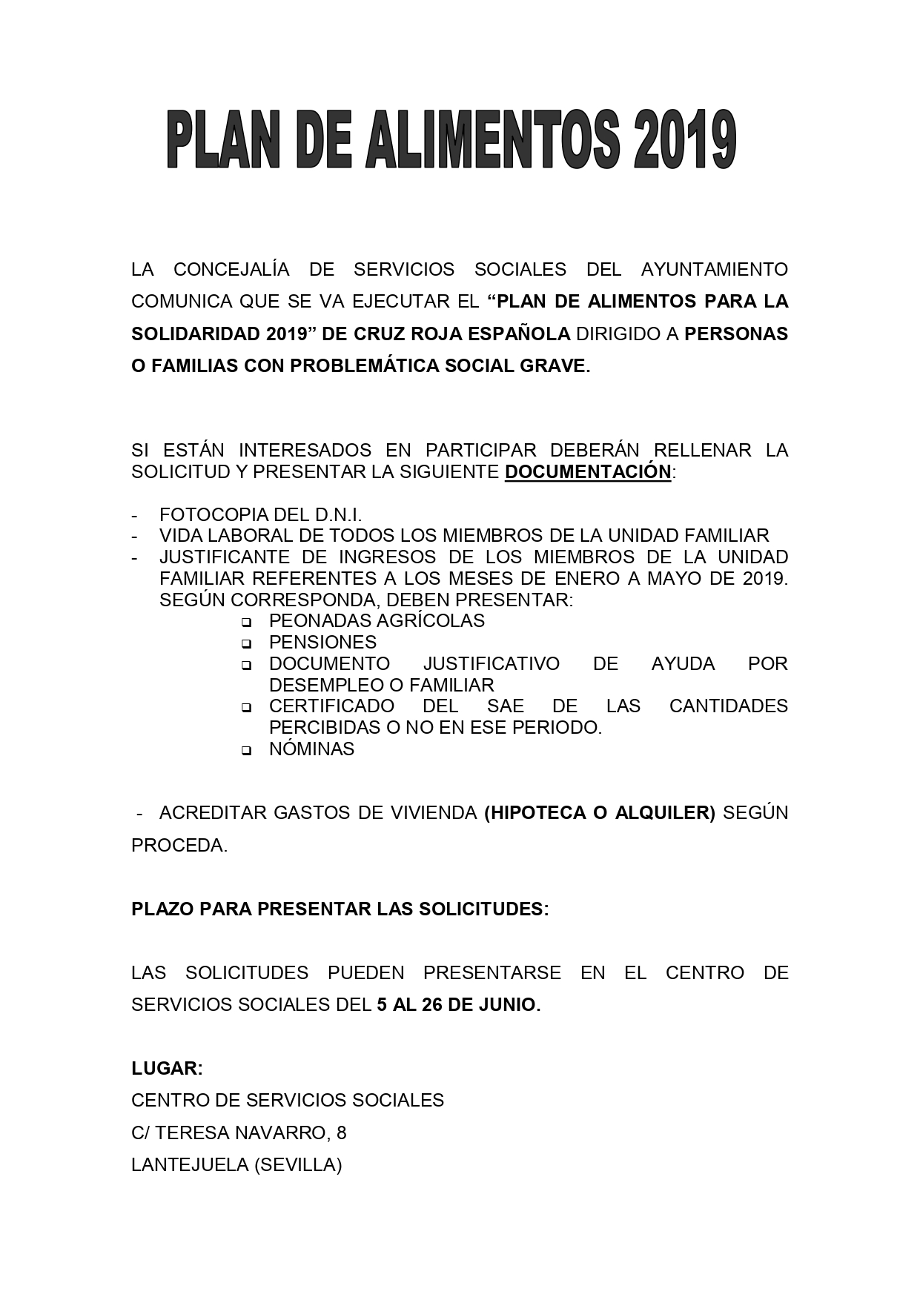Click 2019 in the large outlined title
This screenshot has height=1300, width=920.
(683, 141)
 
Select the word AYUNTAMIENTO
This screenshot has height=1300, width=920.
(714, 269)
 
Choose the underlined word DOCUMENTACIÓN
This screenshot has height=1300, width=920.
(588, 472)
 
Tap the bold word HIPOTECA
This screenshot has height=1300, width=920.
(532, 813)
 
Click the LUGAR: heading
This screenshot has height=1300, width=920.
(167, 1069)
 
